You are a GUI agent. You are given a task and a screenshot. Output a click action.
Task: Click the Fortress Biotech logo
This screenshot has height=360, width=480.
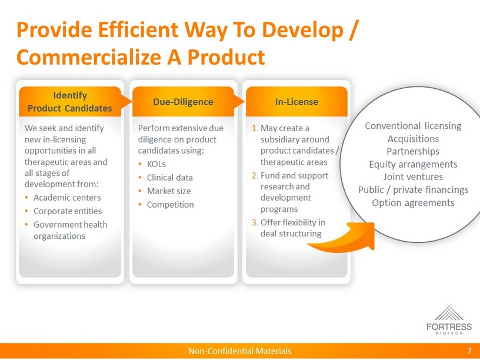click(x=449, y=319)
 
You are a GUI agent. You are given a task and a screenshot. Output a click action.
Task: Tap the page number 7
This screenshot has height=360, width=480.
click(x=469, y=351)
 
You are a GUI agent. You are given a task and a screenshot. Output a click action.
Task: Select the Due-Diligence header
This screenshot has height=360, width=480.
click(x=183, y=102)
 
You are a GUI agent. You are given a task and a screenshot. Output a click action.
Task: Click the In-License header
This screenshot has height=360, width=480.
click(x=296, y=102)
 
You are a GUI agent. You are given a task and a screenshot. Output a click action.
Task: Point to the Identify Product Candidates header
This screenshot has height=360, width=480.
click(x=70, y=102)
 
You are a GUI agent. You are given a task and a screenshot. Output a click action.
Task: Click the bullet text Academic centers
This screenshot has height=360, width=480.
click(x=67, y=198)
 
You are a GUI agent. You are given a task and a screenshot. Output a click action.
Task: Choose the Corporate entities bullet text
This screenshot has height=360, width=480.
click(x=68, y=211)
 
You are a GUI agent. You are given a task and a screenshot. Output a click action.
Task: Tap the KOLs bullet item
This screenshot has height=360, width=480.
click(x=156, y=164)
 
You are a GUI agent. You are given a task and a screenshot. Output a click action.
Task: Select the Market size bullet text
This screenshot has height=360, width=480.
click(x=169, y=191)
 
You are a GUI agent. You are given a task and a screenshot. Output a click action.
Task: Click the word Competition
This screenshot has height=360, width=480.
click(x=171, y=205)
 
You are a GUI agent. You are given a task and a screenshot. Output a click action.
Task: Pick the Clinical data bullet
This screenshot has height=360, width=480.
click(x=170, y=178)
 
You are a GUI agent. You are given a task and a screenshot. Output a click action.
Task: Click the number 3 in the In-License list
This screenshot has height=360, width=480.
click(x=255, y=222)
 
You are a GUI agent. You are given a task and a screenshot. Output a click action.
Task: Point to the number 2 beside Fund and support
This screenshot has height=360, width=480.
click(x=255, y=176)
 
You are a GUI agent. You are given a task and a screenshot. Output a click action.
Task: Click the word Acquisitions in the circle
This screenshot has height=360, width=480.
click(x=413, y=139)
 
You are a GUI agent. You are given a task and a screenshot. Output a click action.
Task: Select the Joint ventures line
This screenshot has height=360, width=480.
click(x=413, y=176)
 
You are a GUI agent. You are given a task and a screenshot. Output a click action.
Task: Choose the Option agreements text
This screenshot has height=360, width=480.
click(x=413, y=203)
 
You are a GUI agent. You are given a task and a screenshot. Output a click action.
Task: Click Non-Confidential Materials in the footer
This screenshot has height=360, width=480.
click(x=239, y=351)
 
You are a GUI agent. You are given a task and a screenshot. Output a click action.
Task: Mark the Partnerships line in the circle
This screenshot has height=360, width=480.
click(x=413, y=151)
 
